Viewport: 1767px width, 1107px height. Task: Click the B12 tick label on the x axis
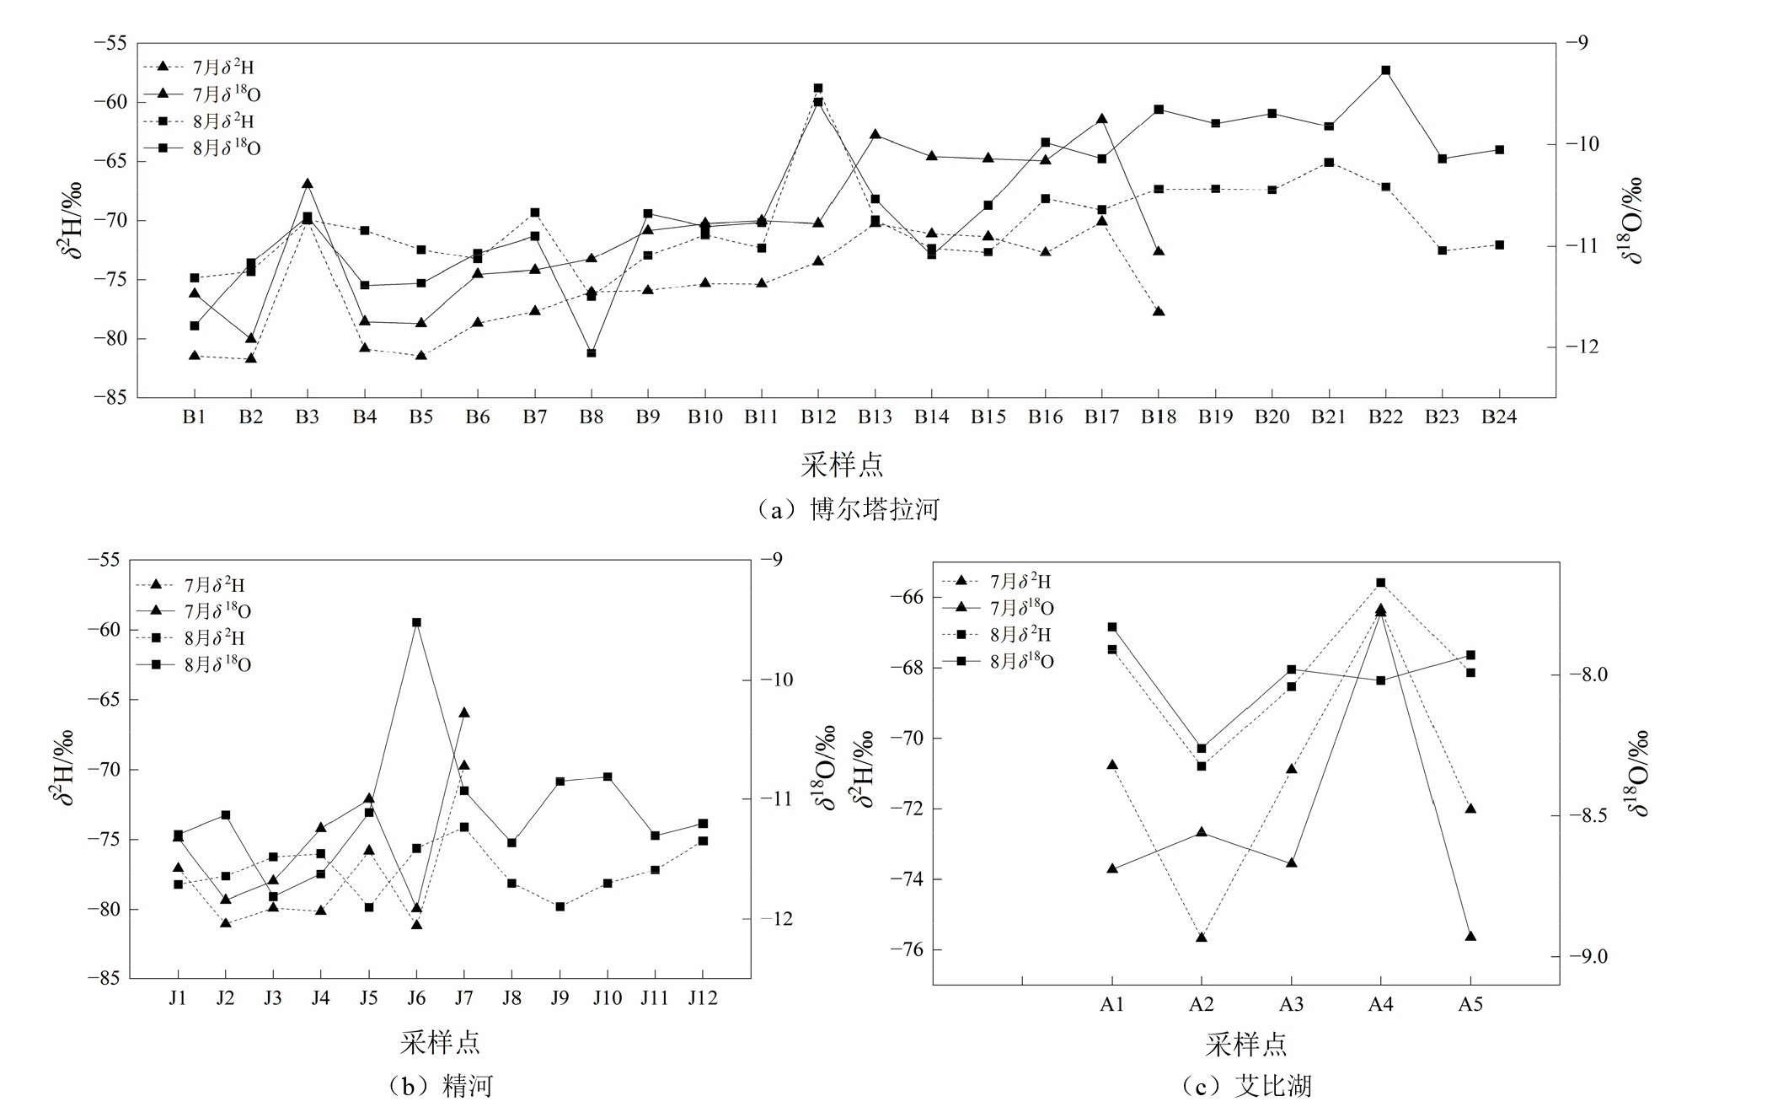817,416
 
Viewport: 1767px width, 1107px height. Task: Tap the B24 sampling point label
1499,416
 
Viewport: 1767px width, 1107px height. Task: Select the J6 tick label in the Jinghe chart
416,998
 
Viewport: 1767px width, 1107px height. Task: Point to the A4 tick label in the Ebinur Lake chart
1380,1004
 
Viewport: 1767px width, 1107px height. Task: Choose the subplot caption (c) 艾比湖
1248,1086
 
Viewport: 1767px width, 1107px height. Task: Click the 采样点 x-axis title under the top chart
842,465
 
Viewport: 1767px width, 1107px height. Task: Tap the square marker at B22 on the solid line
1385,70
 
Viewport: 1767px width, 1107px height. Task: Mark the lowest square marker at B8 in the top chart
592,352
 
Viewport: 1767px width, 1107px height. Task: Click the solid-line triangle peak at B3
308,184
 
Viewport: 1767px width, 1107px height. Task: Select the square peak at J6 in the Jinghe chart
416,622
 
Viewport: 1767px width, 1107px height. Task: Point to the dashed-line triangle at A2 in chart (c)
1202,937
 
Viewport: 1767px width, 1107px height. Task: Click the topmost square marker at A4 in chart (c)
1380,583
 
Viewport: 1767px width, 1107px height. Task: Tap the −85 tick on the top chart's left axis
110,397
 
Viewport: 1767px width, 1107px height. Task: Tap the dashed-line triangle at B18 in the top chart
1159,312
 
